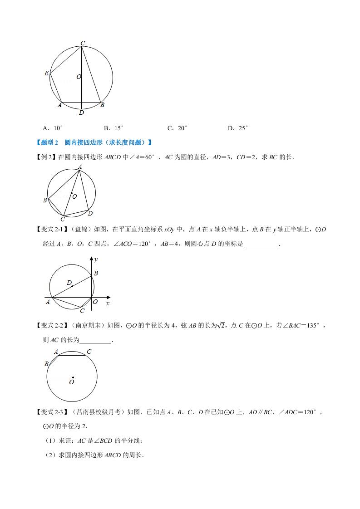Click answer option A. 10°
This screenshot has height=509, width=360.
[52, 128]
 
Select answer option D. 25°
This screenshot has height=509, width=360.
[237, 128]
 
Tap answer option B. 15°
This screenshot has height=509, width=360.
[113, 128]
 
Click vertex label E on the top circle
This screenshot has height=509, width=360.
[46, 73]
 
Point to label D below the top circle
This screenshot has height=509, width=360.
[81, 113]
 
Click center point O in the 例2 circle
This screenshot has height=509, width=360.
[71, 194]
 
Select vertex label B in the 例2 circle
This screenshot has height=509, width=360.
[45, 200]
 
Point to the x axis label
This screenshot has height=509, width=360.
[108, 303]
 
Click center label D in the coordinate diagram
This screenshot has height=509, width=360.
[69, 283]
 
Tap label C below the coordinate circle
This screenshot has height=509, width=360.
[82, 311]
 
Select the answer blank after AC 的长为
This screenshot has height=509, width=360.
[95, 340]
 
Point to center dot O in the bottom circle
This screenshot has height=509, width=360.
[73, 377]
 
